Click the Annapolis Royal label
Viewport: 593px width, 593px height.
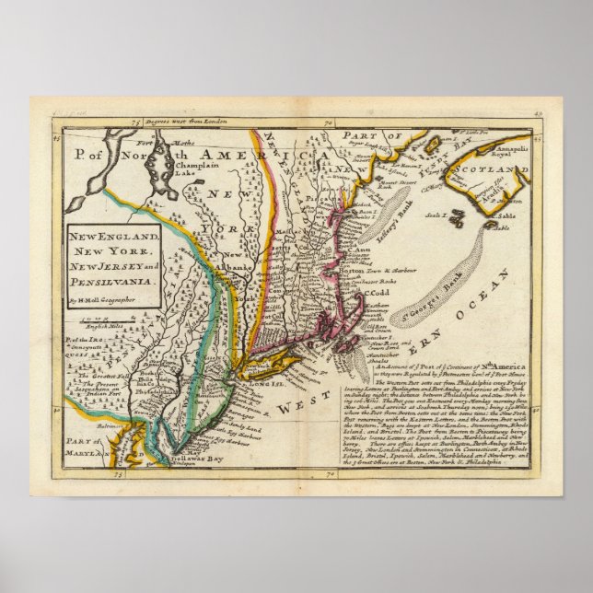[x=511, y=145]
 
